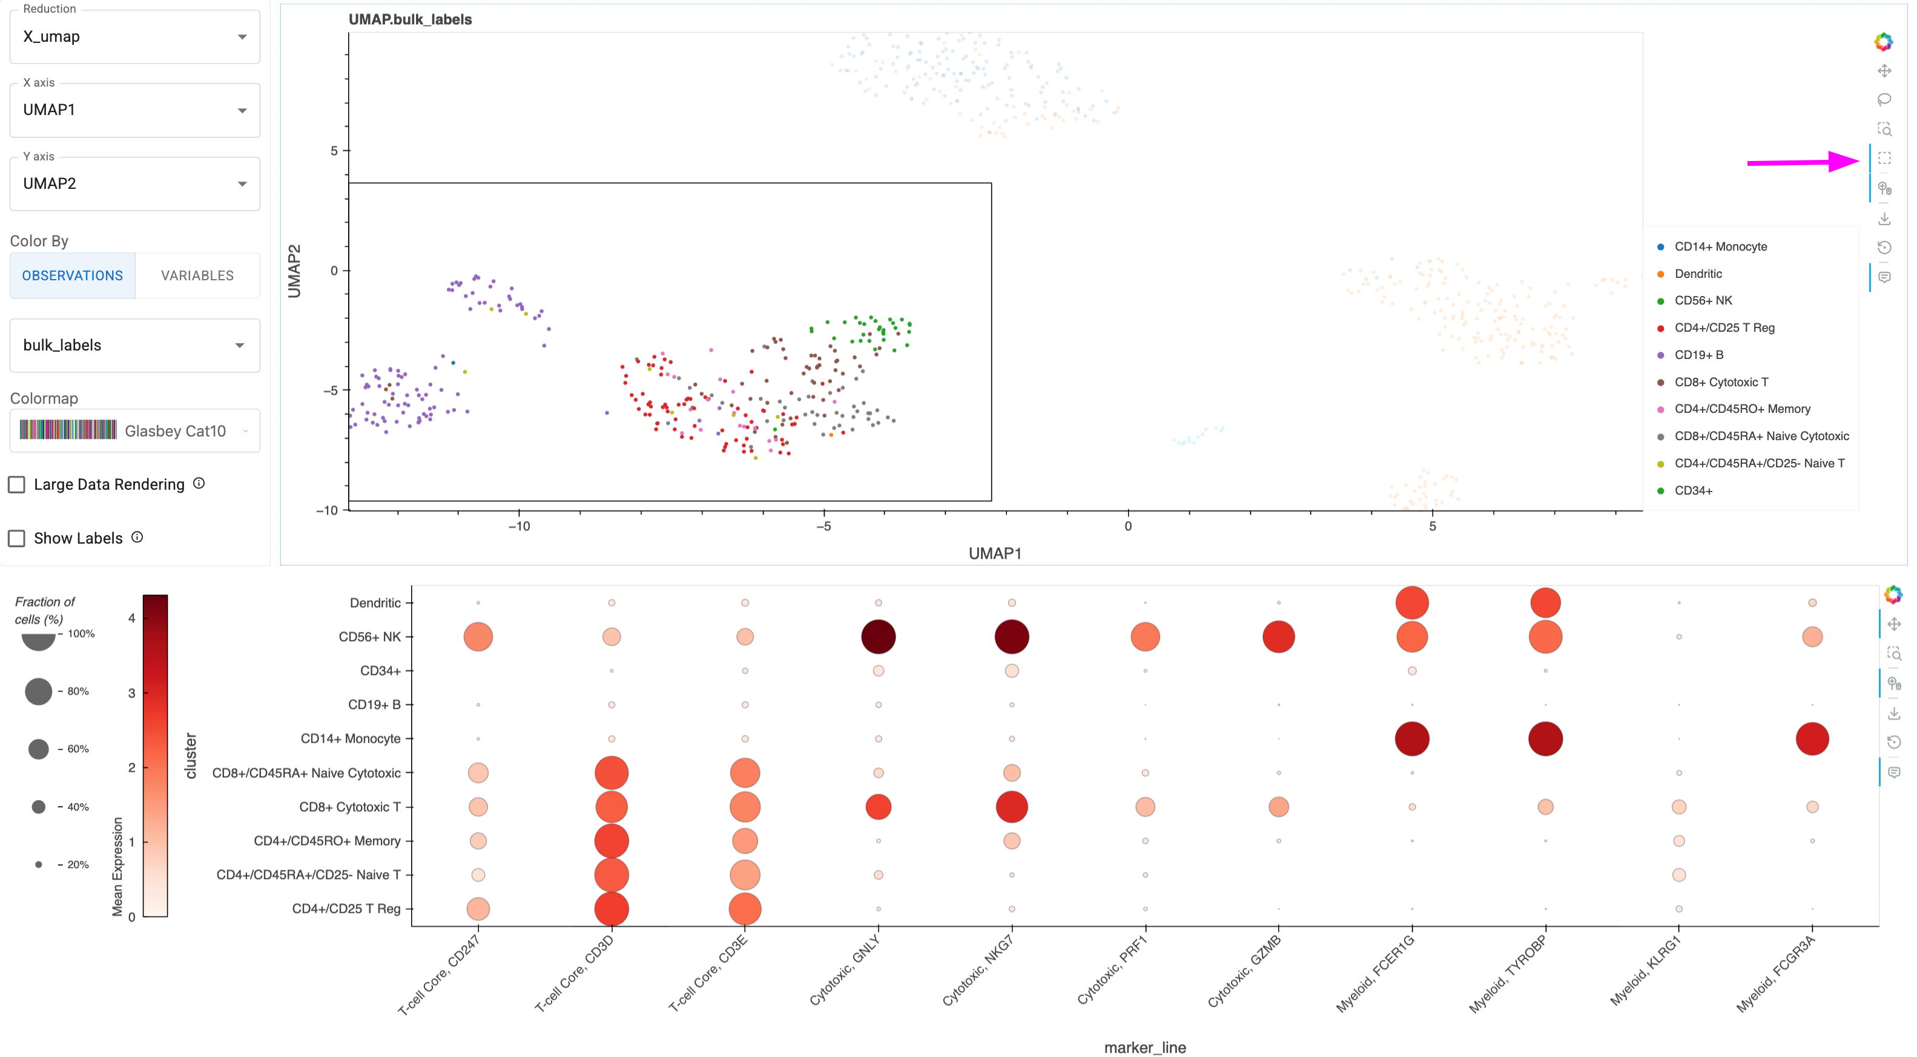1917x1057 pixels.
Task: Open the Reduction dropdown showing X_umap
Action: [134, 36]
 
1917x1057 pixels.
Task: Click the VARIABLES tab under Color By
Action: [197, 276]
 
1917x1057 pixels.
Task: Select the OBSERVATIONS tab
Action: [72, 276]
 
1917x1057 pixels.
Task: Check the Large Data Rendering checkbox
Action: [16, 485]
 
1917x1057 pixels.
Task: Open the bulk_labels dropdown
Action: [134, 345]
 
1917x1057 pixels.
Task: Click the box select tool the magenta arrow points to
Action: [1884, 159]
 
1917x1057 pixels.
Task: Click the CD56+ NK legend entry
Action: [1703, 300]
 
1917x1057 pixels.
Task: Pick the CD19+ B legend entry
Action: [1698, 355]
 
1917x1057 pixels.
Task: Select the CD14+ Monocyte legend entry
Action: [1720, 246]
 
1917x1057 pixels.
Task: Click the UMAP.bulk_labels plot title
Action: [410, 19]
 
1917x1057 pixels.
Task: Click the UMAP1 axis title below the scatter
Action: [995, 553]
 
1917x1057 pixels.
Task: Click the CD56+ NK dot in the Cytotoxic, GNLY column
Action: [878, 637]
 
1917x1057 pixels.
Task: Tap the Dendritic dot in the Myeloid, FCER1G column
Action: [1411, 602]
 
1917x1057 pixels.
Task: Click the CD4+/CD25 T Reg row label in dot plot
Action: [346, 908]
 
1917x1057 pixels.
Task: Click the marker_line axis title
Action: [1144, 1047]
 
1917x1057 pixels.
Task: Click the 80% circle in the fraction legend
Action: [38, 691]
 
